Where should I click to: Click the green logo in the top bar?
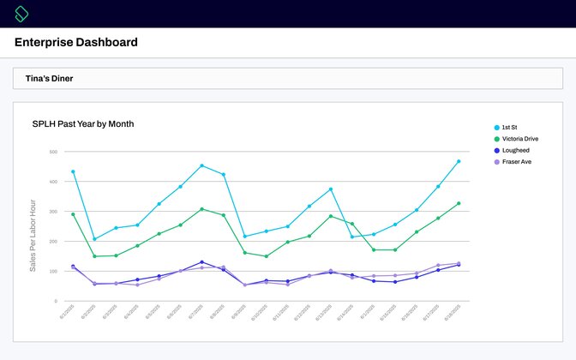22,14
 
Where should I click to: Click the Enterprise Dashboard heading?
76,43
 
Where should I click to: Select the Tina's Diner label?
50,78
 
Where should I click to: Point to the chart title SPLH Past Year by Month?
83,124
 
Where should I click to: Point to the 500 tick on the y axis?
53,152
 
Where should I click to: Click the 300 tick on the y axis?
53,212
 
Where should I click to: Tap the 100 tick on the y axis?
53,272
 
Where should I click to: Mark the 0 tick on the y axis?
56,301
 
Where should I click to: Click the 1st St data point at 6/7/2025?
201,165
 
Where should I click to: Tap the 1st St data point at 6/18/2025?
459,161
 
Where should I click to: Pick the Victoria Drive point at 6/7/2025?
201,209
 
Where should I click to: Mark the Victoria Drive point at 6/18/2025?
459,203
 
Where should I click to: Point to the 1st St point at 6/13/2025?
330,189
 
